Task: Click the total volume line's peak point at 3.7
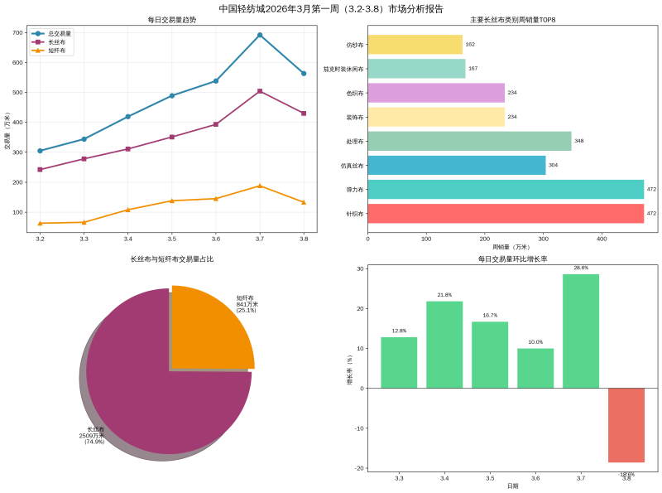pos(260,35)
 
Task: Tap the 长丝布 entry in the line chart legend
pos(56,42)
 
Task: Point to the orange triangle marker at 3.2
pos(40,223)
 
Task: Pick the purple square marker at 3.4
pos(127,149)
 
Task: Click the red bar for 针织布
pos(505,213)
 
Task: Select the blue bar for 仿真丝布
pos(456,165)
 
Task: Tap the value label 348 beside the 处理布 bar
pos(578,141)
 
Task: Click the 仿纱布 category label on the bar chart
pos(355,45)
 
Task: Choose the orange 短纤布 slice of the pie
pos(207,327)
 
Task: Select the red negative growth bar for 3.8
pos(626,425)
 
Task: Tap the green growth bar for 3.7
pos(581,331)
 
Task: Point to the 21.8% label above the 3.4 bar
pos(444,295)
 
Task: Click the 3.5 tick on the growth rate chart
pos(490,479)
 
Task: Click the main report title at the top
pos(331,8)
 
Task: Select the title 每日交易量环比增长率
pos(512,259)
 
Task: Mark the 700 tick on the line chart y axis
pos(18,32)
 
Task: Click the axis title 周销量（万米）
pos(511,247)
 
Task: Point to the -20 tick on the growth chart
pos(360,468)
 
